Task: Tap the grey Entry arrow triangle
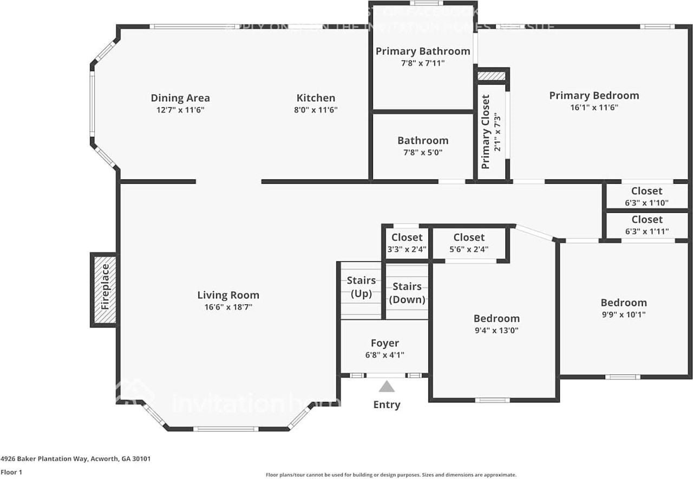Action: tap(387, 386)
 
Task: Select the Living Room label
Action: tap(228, 295)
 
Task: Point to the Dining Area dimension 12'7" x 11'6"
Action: tap(180, 110)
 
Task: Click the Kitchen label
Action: tap(316, 98)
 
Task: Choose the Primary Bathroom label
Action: tap(423, 51)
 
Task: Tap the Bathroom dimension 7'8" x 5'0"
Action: tap(423, 153)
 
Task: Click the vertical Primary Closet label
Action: tap(486, 132)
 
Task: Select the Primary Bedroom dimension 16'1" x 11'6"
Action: tap(594, 107)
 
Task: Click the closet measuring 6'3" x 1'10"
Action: tap(646, 196)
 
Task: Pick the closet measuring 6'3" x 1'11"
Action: tap(646, 225)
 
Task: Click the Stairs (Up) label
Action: tap(361, 287)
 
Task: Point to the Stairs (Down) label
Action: tap(407, 293)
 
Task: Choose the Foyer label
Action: tap(385, 343)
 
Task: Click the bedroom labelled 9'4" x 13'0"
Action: tap(496, 324)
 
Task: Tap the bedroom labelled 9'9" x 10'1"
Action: tap(623, 308)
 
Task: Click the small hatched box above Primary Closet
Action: tap(492, 76)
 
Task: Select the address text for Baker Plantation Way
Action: tap(76, 458)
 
